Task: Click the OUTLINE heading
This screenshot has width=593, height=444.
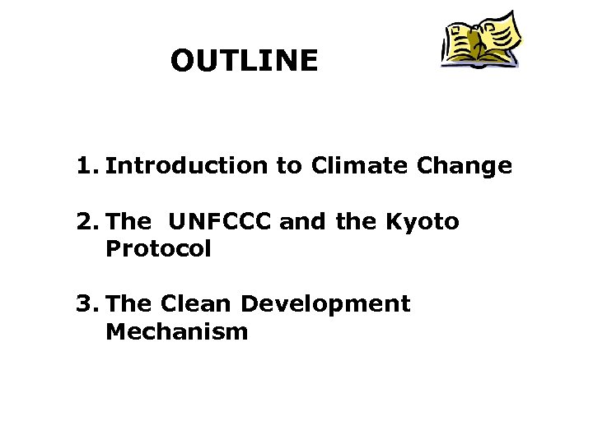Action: [x=244, y=61]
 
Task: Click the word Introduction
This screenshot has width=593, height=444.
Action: [x=187, y=167]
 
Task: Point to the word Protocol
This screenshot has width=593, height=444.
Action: [x=158, y=249]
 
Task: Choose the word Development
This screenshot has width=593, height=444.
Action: [x=325, y=305]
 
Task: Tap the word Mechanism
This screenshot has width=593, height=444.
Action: [x=176, y=332]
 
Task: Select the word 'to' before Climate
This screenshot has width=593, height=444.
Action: [x=289, y=167]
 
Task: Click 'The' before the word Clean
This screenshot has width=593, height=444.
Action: [x=128, y=304]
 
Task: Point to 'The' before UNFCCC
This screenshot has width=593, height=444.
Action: [x=128, y=222]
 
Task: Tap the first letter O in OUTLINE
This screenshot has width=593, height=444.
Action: [x=184, y=61]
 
